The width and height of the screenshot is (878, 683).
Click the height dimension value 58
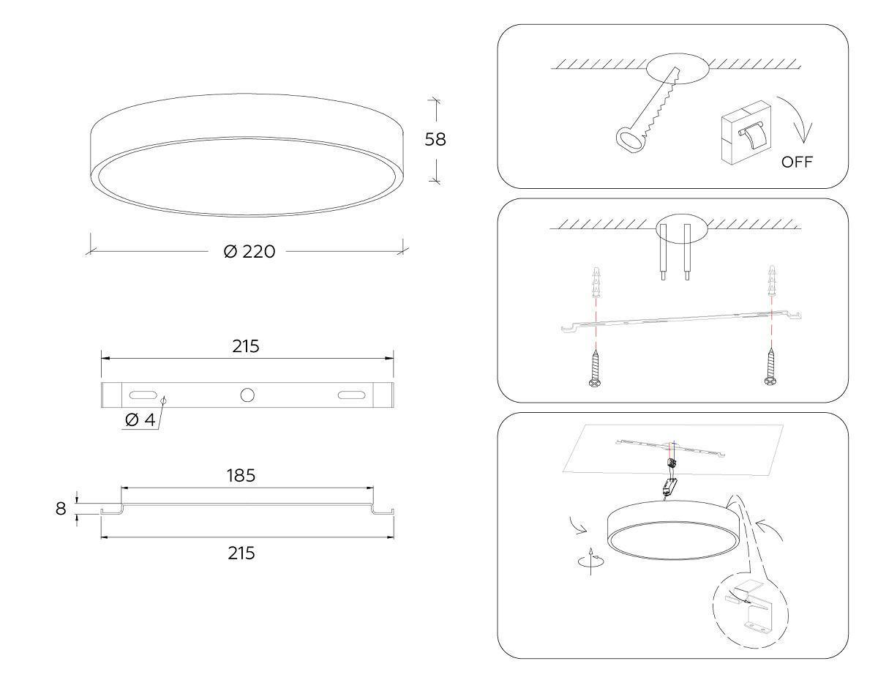[x=435, y=139]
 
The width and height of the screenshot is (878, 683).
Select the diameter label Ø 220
[x=249, y=251]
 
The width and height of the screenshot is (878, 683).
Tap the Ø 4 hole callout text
[x=140, y=419]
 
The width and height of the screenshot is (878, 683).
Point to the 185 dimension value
[x=241, y=476]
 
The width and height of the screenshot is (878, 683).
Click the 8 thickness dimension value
[x=61, y=509]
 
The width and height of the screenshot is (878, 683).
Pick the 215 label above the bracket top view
[x=246, y=346]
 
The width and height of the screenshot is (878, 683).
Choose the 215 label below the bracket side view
[x=241, y=553]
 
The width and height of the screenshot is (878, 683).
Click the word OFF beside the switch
[x=797, y=162]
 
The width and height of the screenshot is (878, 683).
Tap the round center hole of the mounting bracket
[x=247, y=395]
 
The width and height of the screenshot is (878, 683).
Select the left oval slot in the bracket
[x=143, y=395]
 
